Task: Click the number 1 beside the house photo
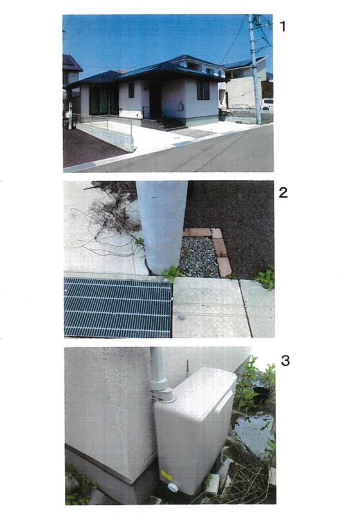tap(283, 26)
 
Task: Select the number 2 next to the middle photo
tap(283, 192)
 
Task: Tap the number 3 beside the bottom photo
tap(285, 361)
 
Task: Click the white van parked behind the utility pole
tap(267, 105)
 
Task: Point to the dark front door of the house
tap(155, 100)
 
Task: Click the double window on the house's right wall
tap(203, 90)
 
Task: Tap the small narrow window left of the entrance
tap(131, 90)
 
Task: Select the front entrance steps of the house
tap(170, 123)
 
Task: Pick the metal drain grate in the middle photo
tap(118, 307)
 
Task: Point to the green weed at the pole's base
tap(172, 273)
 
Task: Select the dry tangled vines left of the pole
tap(108, 216)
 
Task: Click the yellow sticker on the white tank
tap(166, 475)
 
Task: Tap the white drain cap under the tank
tap(172, 488)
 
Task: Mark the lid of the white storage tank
tap(203, 392)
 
